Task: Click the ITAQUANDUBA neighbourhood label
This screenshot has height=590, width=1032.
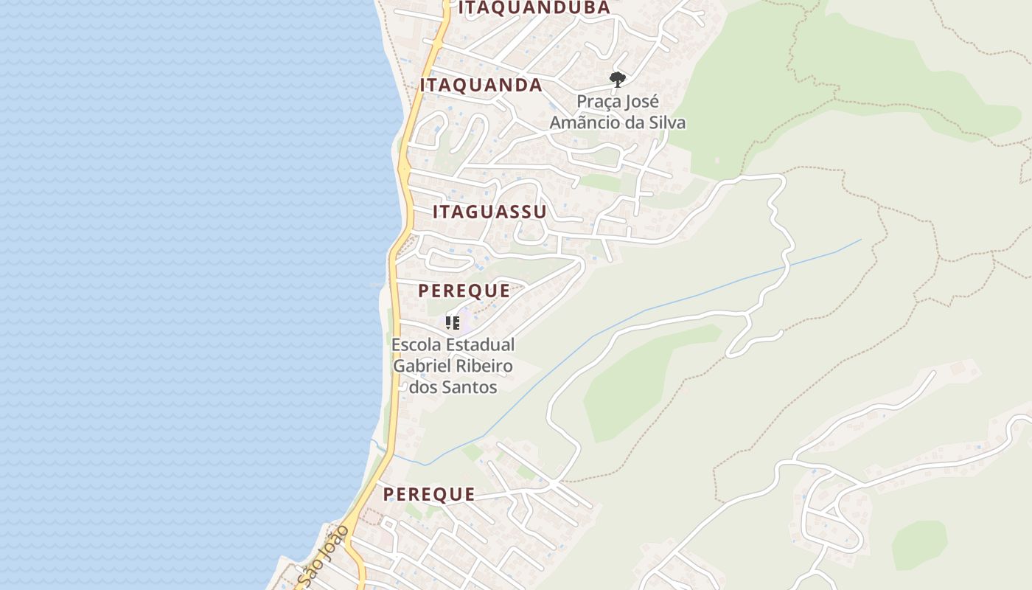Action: coord(534,8)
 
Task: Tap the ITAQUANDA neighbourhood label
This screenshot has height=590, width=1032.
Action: coord(481,86)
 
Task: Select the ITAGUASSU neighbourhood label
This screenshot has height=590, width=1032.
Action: coord(489,212)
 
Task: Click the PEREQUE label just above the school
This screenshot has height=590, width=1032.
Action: coord(464,291)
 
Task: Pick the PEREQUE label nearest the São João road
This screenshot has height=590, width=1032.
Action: coord(429,494)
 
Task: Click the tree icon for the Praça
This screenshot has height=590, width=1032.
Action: coord(618,79)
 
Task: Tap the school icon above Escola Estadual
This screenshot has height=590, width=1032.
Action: coord(453,323)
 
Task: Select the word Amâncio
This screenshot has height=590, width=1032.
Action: coord(585,122)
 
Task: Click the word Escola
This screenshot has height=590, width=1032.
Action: coord(415,344)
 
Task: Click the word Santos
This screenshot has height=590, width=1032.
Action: coord(472,386)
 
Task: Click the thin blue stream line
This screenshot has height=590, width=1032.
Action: coord(663,305)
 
